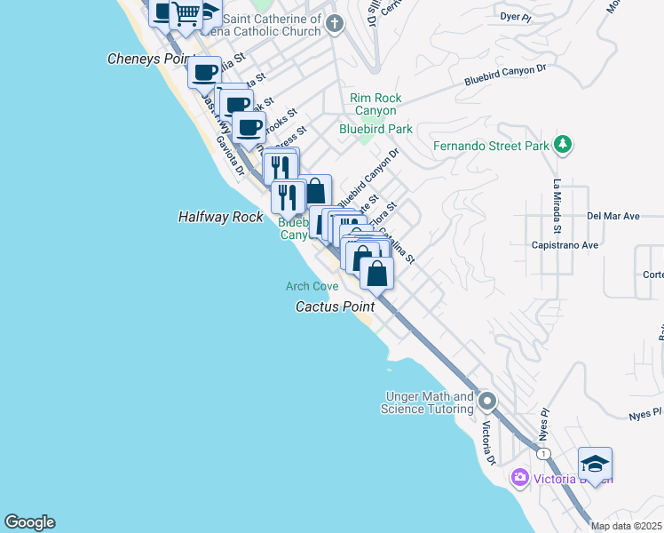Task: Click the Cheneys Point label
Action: point(150,59)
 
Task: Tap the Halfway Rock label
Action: point(220,217)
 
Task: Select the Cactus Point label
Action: point(334,306)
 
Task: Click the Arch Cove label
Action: point(312,286)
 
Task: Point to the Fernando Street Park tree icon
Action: point(562,144)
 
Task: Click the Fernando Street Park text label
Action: point(491,147)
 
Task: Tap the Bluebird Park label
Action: point(375,129)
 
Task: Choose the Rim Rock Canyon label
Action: point(375,104)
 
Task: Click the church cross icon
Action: point(335,23)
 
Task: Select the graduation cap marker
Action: point(595,463)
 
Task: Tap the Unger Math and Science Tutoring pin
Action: point(486,402)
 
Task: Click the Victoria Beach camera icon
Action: point(520,479)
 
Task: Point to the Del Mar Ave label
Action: point(613,216)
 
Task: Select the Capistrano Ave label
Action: point(565,245)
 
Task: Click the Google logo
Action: point(29,522)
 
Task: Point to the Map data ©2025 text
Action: point(626,526)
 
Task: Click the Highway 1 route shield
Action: point(541,454)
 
